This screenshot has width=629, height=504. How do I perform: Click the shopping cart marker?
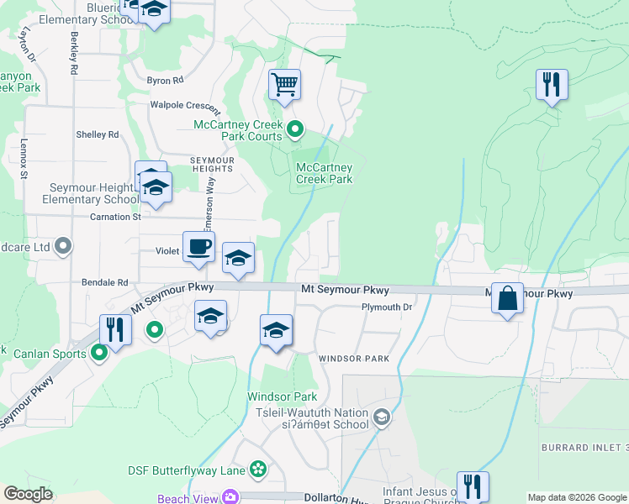point(285,84)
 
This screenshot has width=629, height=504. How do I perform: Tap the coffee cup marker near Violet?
point(198,247)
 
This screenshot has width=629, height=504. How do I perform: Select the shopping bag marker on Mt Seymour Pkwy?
point(508,299)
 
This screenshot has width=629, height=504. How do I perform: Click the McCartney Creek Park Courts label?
point(239,130)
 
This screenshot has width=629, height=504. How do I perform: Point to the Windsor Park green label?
point(282,396)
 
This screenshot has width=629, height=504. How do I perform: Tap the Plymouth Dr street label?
point(387,307)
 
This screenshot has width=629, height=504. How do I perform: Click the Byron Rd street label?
point(165,81)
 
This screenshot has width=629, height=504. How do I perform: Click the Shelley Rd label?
point(98,134)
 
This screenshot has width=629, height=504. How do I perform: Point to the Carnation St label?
point(114,217)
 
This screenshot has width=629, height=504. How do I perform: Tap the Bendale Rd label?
point(104,283)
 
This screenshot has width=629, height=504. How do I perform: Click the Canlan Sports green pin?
point(98,354)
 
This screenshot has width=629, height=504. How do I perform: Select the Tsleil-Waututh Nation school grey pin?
point(382,417)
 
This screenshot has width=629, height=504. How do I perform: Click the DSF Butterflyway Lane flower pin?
point(258,469)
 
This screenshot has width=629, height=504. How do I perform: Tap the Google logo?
point(29,494)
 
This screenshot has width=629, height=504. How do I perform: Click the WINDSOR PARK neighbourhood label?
point(353,359)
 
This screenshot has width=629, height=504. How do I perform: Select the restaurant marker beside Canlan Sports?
point(114,328)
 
